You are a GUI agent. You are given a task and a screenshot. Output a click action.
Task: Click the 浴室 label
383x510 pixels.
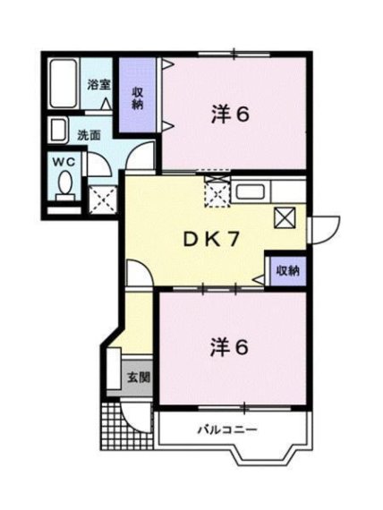point(98,85)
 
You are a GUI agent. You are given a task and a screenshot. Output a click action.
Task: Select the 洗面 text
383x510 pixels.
point(88,135)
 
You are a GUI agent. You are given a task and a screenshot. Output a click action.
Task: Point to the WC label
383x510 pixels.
point(62,161)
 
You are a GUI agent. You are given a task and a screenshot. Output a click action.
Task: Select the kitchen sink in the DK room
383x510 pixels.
point(250,191)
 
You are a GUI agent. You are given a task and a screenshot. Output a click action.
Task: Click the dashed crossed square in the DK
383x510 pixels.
point(217,192)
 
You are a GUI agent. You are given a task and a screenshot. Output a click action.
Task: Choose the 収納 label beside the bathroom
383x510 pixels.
point(140,98)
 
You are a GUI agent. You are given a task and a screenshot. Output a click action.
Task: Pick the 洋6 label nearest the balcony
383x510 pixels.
point(230,345)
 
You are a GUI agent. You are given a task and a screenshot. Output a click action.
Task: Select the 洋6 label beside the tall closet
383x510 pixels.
point(230,114)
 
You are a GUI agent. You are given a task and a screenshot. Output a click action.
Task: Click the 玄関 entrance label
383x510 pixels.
point(138,377)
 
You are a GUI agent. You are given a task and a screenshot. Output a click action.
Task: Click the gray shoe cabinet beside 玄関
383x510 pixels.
point(115,368)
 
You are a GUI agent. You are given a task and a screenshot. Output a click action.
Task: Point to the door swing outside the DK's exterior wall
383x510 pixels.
point(323,230)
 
